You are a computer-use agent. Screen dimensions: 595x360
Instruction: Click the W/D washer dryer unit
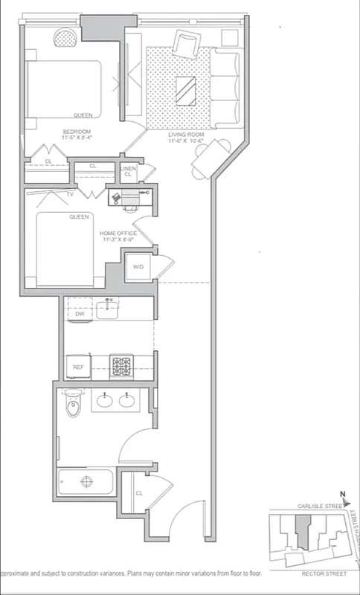point(138,267)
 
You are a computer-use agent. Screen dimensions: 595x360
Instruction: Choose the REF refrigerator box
point(77,367)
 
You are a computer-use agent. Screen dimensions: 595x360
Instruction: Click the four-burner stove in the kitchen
point(120,365)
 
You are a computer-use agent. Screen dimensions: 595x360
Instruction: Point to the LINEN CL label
point(128,172)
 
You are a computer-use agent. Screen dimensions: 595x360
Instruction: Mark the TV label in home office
point(70,194)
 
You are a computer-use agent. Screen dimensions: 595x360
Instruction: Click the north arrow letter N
point(342,495)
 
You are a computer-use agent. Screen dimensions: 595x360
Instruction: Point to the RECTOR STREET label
point(324,574)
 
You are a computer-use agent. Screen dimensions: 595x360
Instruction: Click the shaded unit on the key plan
point(301,530)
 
